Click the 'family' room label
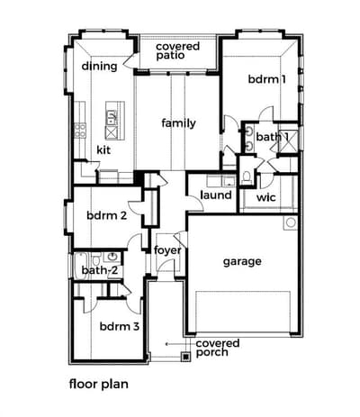pos(178,123)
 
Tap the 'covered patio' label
pos(177,50)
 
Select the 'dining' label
pos(99,66)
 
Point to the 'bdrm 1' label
pos(267,79)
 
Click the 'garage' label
pos(242,262)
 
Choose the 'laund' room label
pos(216,195)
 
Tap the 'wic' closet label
pos(265,197)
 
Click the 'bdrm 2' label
pos(106,215)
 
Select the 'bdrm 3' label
pos(120,326)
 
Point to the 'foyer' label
pos(167,250)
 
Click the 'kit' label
pos(103,150)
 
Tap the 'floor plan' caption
pos(99,385)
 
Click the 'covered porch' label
pos(218,348)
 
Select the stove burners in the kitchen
pos(80,131)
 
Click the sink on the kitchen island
pos(112,117)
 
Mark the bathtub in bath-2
pos(80,266)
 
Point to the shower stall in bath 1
pos(288,141)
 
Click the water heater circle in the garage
pos(291,222)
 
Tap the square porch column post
pos(186,357)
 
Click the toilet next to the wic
pos(247,177)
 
